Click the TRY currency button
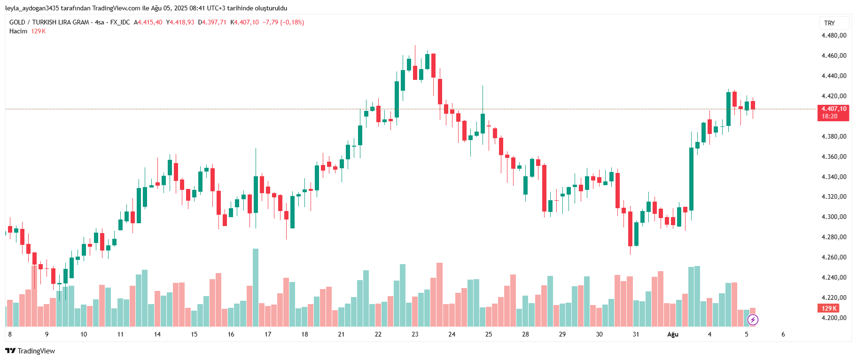[829, 23]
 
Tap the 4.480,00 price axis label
[834, 35]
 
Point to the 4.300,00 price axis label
[834, 217]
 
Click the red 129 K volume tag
[829, 308]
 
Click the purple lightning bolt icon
[753, 320]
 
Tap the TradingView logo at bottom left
[30, 351]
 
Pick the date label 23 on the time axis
[415, 335]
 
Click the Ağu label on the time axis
[673, 335]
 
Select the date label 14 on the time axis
[157, 335]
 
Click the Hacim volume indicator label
[18, 31]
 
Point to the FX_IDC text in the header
[120, 23]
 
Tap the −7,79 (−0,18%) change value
[283, 23]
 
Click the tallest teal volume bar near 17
[255, 287]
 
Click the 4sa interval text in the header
[99, 23]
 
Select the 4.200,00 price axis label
[834, 318]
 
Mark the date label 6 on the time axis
[783, 335]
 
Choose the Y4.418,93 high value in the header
[180, 23]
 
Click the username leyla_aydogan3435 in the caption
[31, 8]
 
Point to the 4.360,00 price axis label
[834, 157]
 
